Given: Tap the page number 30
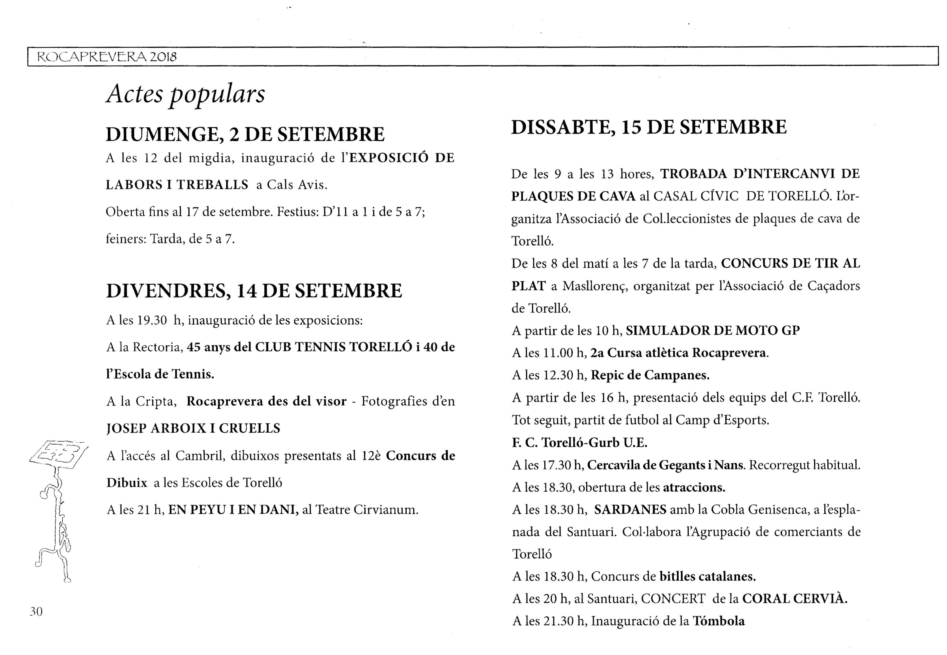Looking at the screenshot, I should point(36,612).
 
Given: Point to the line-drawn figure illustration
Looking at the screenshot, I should point(58,509).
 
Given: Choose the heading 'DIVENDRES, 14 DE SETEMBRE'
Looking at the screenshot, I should point(254,291).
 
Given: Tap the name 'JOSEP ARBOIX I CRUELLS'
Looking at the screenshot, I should point(193,428).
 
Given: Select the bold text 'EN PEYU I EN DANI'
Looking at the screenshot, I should point(233,510).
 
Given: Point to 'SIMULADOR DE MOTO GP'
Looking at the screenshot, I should point(712,330).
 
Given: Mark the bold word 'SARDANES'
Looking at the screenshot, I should point(630,510).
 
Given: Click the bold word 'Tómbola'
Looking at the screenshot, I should point(719,621).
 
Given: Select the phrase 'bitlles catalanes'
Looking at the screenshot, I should point(707,577).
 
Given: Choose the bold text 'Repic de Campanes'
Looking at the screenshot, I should point(650,375).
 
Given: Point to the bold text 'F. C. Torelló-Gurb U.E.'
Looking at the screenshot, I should point(579,442).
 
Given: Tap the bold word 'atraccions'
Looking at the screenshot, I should point(694,487).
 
